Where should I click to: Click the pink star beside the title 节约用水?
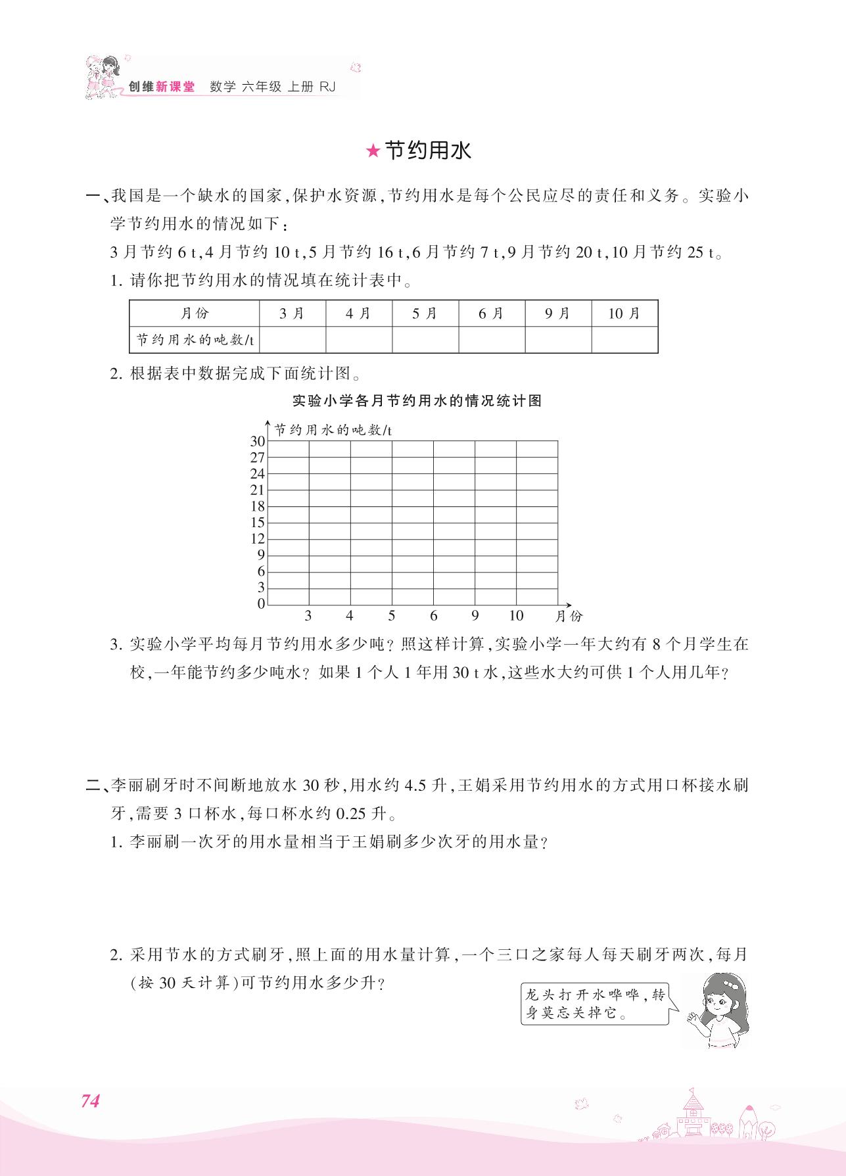coord(373,152)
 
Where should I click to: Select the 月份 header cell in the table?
coord(195,314)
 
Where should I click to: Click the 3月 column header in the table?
coord(293,314)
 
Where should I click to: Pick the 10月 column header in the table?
coord(624,314)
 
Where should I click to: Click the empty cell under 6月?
coord(491,339)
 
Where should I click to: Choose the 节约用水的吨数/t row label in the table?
coord(195,339)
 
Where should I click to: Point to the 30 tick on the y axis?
coord(257,441)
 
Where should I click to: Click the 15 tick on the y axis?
coord(257,523)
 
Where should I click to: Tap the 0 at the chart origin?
coord(261,603)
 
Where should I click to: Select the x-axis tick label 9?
coord(475,616)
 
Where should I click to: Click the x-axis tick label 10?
coord(516,616)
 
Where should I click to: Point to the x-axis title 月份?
coord(569,617)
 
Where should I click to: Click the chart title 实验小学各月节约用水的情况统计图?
coord(416,401)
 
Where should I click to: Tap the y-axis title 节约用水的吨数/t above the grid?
coord(333,430)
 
